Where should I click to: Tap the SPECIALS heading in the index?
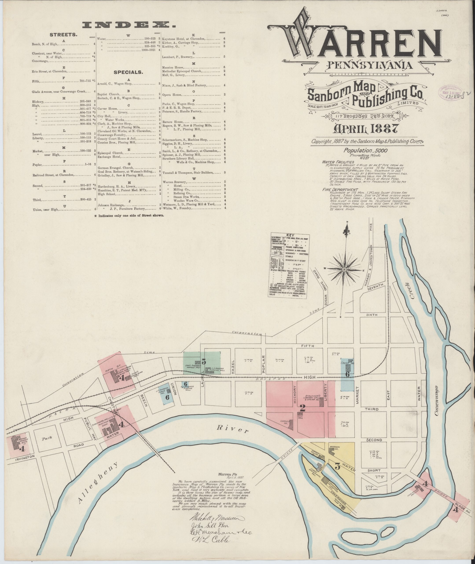(x=128, y=72)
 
